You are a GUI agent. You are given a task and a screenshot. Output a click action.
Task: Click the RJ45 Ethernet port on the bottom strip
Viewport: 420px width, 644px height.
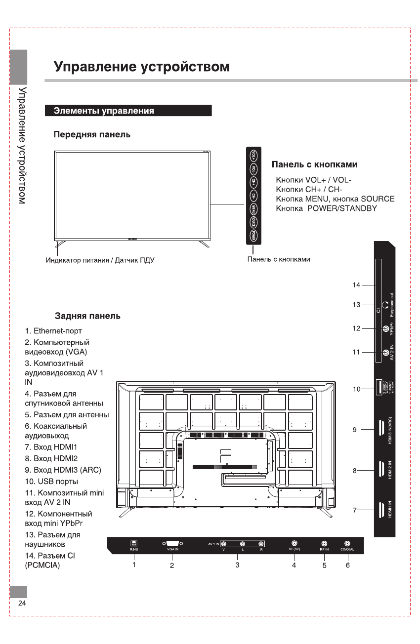click(x=133, y=543)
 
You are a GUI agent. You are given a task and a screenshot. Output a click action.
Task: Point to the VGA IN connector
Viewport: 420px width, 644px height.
click(x=172, y=543)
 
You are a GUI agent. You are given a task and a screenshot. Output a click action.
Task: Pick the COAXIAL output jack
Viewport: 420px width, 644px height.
click(x=347, y=543)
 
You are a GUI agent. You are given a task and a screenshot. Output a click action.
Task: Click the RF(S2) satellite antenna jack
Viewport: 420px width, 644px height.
click(x=294, y=543)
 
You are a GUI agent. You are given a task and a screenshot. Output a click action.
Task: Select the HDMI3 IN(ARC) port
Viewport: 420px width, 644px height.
click(x=382, y=429)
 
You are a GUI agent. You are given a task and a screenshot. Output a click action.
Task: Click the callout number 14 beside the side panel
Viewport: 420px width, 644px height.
click(x=357, y=285)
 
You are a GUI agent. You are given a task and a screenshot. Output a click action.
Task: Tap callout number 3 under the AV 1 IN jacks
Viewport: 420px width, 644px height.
click(x=238, y=564)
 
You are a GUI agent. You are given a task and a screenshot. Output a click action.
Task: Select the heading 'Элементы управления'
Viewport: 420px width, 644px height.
click(x=104, y=111)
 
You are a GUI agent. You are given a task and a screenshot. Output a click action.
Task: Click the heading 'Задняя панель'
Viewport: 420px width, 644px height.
click(x=87, y=316)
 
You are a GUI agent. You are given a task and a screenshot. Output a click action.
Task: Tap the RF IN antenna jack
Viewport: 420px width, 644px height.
click(x=324, y=543)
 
